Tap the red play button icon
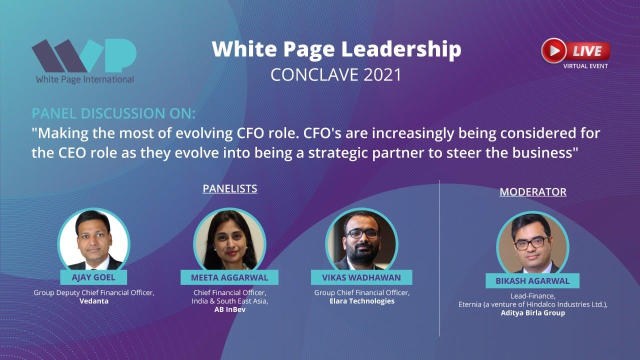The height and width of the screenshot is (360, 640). [x=553, y=50]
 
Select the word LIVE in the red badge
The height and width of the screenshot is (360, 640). [x=587, y=50]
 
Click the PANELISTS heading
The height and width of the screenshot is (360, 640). [x=230, y=188]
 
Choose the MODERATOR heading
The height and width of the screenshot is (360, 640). [x=533, y=192]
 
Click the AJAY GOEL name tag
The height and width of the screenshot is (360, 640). [x=93, y=277]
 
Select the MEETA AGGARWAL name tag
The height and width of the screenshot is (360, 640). [x=229, y=277]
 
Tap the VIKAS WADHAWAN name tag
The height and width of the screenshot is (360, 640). [x=361, y=277]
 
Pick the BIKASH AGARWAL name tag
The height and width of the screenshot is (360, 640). [x=532, y=281]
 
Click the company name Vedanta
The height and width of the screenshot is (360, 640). [x=94, y=301]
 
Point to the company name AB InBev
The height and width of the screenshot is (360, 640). [x=229, y=309]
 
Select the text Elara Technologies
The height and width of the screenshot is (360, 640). [x=361, y=301]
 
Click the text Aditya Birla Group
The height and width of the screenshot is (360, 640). [x=533, y=313]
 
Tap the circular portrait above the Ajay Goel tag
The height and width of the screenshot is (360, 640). [x=94, y=239]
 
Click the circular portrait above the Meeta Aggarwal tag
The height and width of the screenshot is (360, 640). [x=229, y=239]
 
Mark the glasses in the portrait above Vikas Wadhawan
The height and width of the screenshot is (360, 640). [x=362, y=233]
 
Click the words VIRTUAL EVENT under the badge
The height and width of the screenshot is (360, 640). [x=585, y=66]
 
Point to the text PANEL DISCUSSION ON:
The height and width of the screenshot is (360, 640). [x=113, y=113]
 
